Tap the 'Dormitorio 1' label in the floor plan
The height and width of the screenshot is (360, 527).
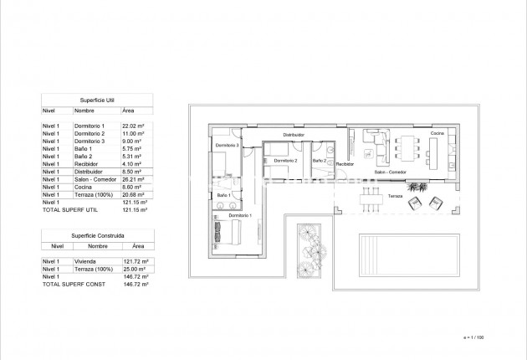240,216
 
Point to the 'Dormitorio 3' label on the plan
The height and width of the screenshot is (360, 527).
227,145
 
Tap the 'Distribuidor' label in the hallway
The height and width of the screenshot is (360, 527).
293,134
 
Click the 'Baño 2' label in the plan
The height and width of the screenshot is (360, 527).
319,160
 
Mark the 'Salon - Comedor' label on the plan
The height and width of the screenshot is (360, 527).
391,172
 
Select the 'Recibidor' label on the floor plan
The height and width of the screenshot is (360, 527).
345,164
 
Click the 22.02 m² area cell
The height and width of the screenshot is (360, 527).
133,126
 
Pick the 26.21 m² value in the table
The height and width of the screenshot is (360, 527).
133,179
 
